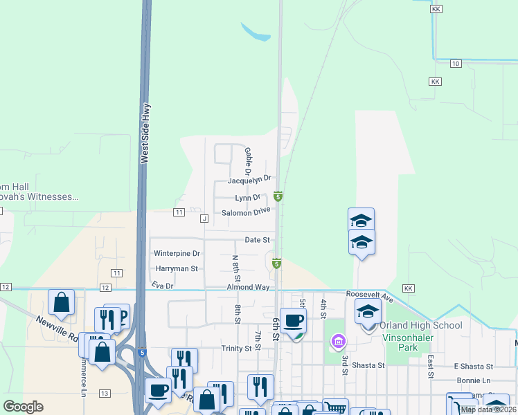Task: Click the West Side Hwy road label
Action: click(x=145, y=133)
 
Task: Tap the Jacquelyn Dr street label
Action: click(x=250, y=180)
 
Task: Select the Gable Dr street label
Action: click(x=247, y=160)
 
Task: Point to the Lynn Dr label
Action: click(x=247, y=198)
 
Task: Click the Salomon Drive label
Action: click(x=246, y=212)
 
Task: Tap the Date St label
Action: click(x=257, y=240)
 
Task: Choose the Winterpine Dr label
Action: click(x=177, y=254)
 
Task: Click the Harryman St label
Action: click(x=177, y=268)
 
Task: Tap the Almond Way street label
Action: click(x=248, y=287)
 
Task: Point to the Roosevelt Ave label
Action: click(x=370, y=296)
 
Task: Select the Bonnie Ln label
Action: click(x=473, y=381)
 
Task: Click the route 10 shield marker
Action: click(x=455, y=64)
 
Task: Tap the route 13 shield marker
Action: click(x=105, y=394)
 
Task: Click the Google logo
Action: click(x=23, y=407)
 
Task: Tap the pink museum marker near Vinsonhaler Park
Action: click(x=338, y=340)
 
